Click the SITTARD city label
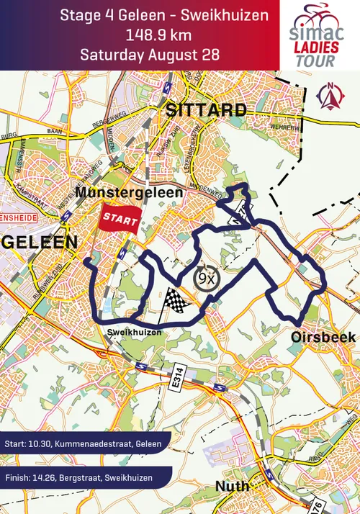(206, 109)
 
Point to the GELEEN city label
(39, 243)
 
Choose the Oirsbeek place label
(316, 338)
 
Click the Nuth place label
(232, 487)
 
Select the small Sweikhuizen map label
(131, 333)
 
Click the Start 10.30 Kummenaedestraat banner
(83, 443)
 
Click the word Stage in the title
(79, 15)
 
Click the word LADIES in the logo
(316, 47)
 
